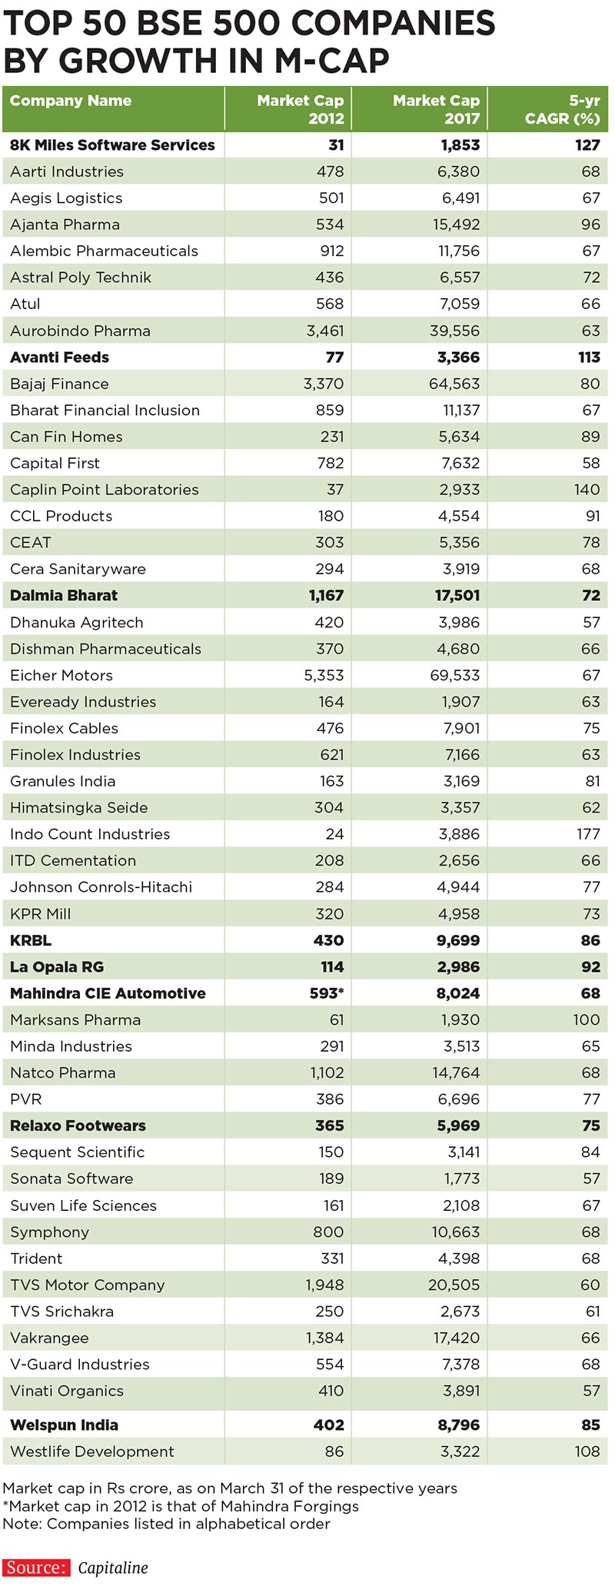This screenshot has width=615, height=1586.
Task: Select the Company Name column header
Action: pos(71,101)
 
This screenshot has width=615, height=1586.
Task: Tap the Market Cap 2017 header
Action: pos(437,109)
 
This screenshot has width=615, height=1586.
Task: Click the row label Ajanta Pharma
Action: pos(65,224)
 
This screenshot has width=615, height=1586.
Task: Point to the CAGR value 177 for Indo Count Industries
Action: pos(587,834)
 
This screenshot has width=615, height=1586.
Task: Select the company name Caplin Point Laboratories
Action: pos(105,490)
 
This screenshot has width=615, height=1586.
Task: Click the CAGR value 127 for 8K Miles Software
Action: pos(587,145)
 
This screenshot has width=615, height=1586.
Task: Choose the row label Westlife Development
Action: pos(92,1451)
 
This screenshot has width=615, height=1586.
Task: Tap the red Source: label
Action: pos(35,1568)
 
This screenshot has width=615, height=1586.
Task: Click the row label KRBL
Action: pos(31,940)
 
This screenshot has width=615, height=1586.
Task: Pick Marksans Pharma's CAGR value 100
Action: pos(587,1019)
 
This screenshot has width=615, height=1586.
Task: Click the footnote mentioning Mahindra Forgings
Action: pos(181,1506)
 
